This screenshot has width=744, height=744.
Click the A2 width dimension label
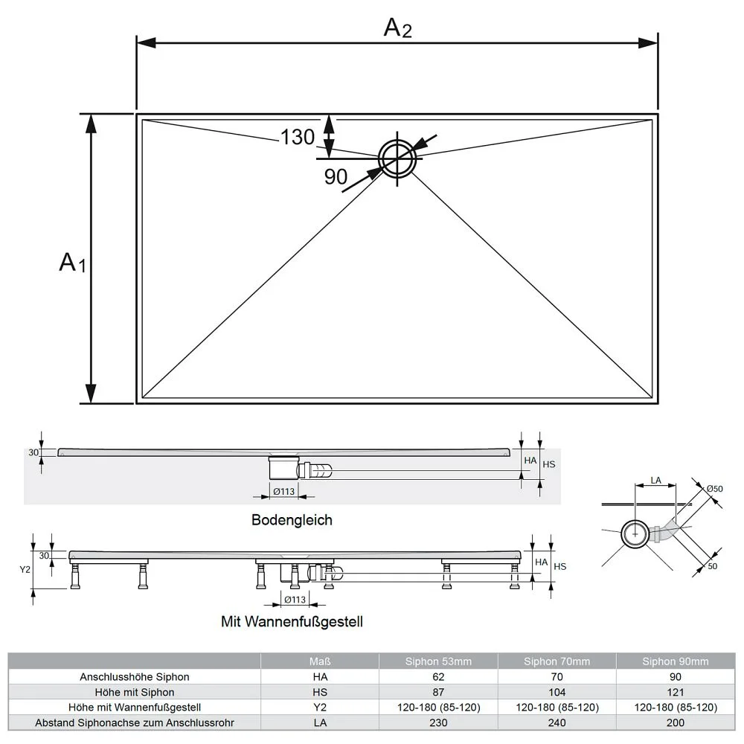coord(397,28)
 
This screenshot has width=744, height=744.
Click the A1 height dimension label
coord(72,263)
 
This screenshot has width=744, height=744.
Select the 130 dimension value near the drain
coord(298,137)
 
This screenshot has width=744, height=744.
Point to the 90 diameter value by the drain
coord(336,176)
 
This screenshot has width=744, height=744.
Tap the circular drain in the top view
coord(398,158)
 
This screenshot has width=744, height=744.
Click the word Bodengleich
coord(292,520)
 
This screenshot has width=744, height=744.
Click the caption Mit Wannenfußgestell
coord(292,620)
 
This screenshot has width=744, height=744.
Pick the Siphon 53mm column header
coord(438,661)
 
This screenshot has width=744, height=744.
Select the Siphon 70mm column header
coord(557,661)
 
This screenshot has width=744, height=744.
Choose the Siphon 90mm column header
coord(676,661)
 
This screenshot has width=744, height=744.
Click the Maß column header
coord(320,661)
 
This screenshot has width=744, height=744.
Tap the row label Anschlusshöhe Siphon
coord(135,677)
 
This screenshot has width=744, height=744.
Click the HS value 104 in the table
coord(557,692)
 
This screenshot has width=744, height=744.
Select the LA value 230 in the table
coord(438,722)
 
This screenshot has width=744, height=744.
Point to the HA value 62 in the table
coord(438,677)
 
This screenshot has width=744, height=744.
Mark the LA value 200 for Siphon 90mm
coord(676,722)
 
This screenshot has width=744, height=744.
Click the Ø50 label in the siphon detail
coord(714,488)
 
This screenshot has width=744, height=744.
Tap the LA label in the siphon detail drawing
coord(655,481)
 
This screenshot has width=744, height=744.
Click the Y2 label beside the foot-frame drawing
coord(25,569)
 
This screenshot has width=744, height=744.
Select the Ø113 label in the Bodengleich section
coord(284,491)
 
